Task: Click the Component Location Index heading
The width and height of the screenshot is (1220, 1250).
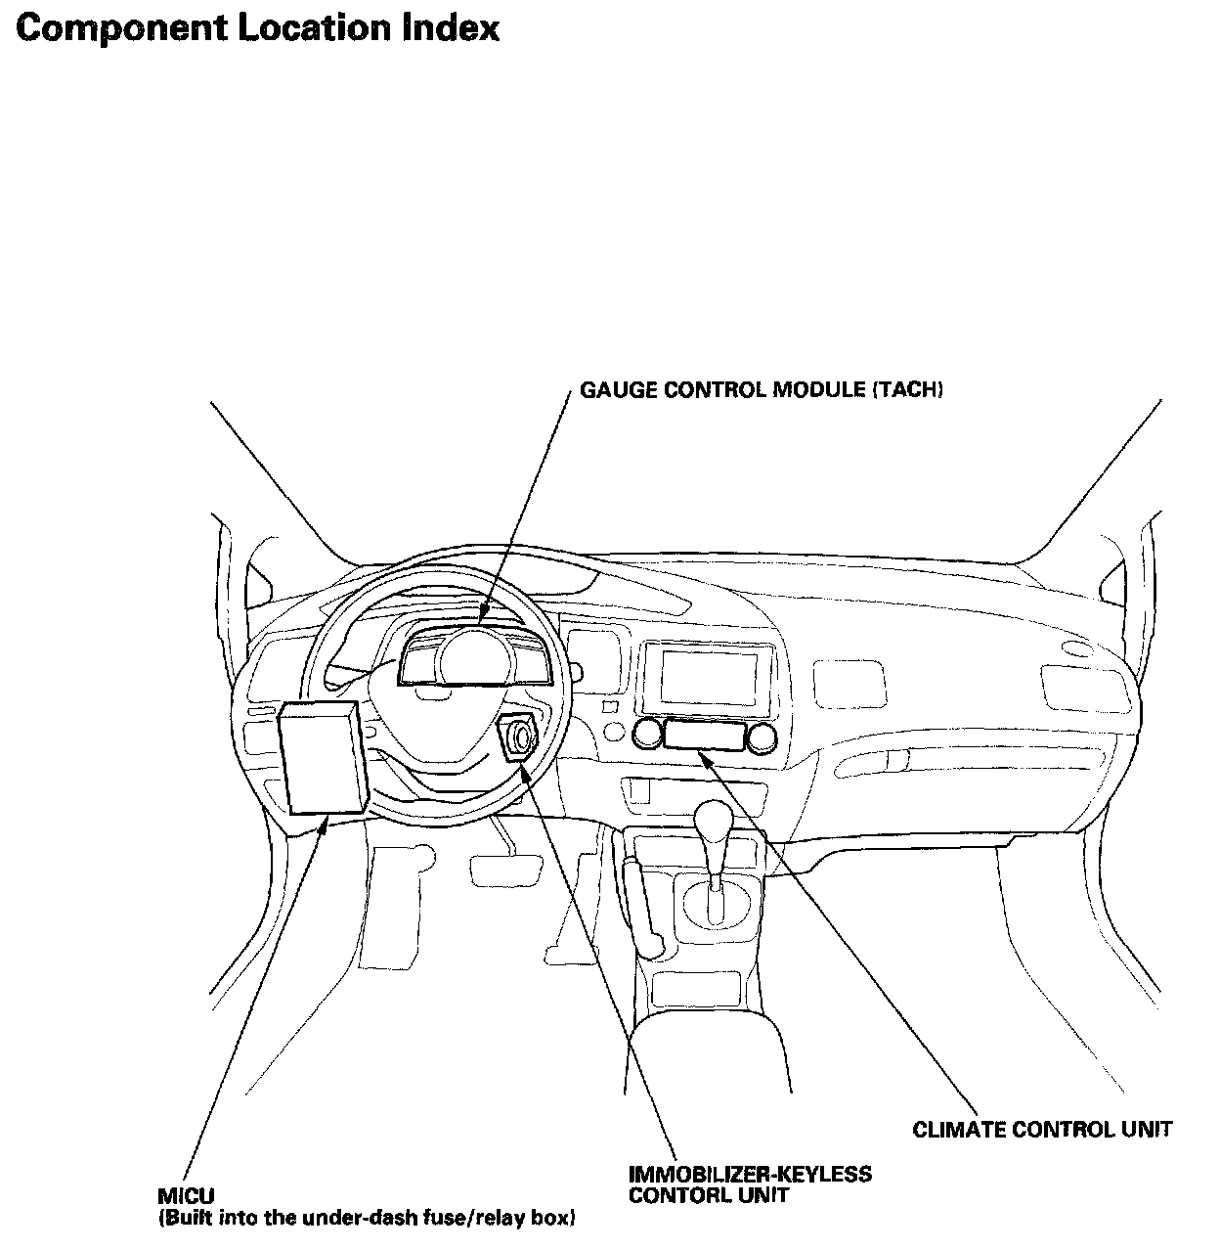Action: coord(258,29)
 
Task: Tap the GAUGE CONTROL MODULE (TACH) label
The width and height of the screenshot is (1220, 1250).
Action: coord(762,390)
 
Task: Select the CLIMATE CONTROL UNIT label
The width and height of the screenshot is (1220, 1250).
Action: coord(1041,1130)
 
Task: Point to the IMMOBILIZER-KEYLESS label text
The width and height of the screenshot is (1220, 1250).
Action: coord(751,1174)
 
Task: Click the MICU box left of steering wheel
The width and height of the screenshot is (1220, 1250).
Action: coord(324,757)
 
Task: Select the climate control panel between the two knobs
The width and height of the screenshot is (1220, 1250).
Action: coord(704,734)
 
